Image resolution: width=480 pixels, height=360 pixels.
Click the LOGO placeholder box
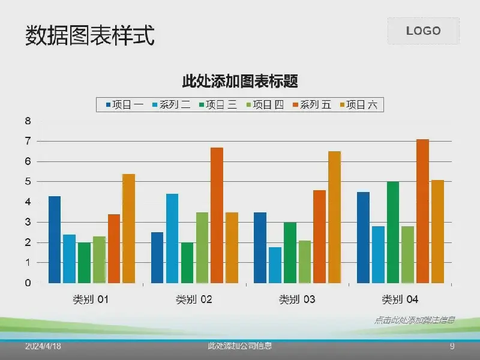423,31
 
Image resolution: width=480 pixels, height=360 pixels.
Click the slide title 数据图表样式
90,36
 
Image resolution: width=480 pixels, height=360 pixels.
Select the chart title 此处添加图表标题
240,80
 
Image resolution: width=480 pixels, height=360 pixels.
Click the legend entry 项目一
125,105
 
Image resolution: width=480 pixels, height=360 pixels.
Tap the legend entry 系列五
311,105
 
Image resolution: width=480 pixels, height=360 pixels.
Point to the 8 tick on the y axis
28,121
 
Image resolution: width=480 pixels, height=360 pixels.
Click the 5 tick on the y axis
28,182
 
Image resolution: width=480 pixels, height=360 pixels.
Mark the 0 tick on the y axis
28,283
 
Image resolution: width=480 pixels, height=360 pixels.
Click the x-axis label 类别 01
91,299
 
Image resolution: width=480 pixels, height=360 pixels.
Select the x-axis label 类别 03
297,299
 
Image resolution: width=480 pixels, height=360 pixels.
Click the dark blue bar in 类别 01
55,239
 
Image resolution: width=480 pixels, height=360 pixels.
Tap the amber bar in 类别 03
334,217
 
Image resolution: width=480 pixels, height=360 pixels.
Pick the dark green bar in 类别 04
393,232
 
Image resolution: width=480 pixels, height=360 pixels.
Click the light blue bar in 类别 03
275,265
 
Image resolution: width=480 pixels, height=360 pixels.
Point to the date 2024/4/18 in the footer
43,347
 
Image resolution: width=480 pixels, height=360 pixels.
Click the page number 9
452,347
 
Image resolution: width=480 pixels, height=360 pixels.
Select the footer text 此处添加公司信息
240,346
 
